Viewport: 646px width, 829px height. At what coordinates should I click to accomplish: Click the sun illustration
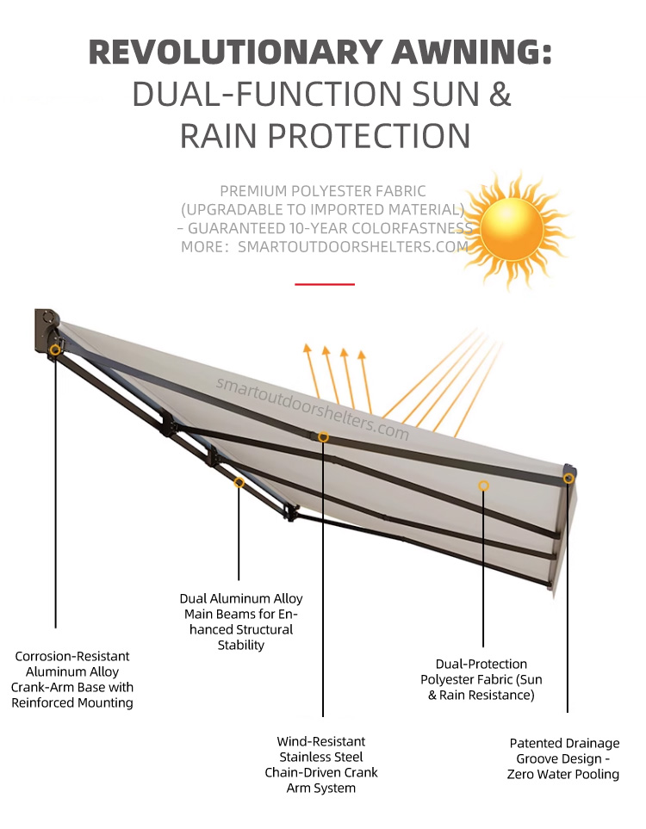tap(512, 228)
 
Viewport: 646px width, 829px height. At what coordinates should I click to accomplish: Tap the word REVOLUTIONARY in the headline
tap(233, 52)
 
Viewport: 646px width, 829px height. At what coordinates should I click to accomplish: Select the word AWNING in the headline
tap(469, 52)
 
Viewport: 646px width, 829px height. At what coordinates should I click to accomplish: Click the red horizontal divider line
tap(325, 283)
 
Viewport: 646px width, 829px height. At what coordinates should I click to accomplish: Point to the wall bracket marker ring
tap(55, 350)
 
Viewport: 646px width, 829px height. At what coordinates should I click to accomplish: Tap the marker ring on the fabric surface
tap(483, 486)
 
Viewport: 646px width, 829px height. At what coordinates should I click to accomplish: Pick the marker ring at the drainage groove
tap(568, 478)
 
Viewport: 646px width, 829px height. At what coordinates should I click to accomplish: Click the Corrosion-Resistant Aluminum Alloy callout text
tap(72, 679)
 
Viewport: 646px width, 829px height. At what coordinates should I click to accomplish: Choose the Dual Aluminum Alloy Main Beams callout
tap(241, 621)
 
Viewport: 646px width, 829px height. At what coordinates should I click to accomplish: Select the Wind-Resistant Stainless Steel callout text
tap(321, 764)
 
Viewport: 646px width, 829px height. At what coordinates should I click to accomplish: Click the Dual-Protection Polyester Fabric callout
tap(481, 679)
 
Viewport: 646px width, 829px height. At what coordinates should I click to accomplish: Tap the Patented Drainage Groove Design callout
tap(564, 758)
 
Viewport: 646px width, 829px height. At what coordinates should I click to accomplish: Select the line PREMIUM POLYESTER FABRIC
tap(323, 190)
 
